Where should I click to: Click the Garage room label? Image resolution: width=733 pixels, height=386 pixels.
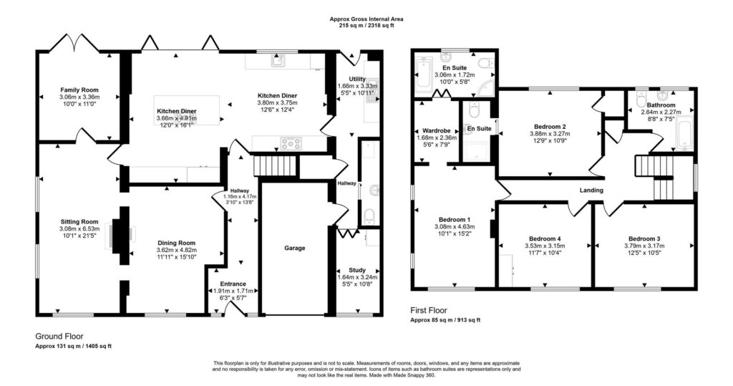[294, 248]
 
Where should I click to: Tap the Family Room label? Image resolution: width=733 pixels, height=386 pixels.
[79, 90]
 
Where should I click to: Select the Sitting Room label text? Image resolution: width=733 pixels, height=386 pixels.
[79, 222]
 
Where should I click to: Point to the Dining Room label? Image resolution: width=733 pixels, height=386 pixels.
[176, 243]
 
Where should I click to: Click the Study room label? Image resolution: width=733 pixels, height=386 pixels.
[357, 270]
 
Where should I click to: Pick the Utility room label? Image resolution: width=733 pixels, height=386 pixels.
[357, 79]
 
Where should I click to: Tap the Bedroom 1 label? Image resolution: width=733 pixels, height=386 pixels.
[455, 220]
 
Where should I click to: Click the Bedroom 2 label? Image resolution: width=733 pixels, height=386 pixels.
[550, 126]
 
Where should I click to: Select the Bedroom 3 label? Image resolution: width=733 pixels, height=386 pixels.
[644, 238]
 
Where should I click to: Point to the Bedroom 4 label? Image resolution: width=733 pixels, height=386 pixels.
[545, 238]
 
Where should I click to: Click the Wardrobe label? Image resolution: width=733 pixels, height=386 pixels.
[436, 130]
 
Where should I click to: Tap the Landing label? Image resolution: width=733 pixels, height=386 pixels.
[591, 190]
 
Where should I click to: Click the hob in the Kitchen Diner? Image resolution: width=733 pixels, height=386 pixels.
[291, 143]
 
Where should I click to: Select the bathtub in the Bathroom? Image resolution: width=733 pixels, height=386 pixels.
[683, 134]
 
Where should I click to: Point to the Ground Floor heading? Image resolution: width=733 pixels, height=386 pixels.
[59, 337]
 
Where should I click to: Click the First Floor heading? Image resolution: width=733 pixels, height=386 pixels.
[429, 310]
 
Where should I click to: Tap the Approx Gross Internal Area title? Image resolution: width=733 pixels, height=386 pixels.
[366, 19]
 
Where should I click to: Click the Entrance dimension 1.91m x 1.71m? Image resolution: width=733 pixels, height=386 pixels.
[233, 291]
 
